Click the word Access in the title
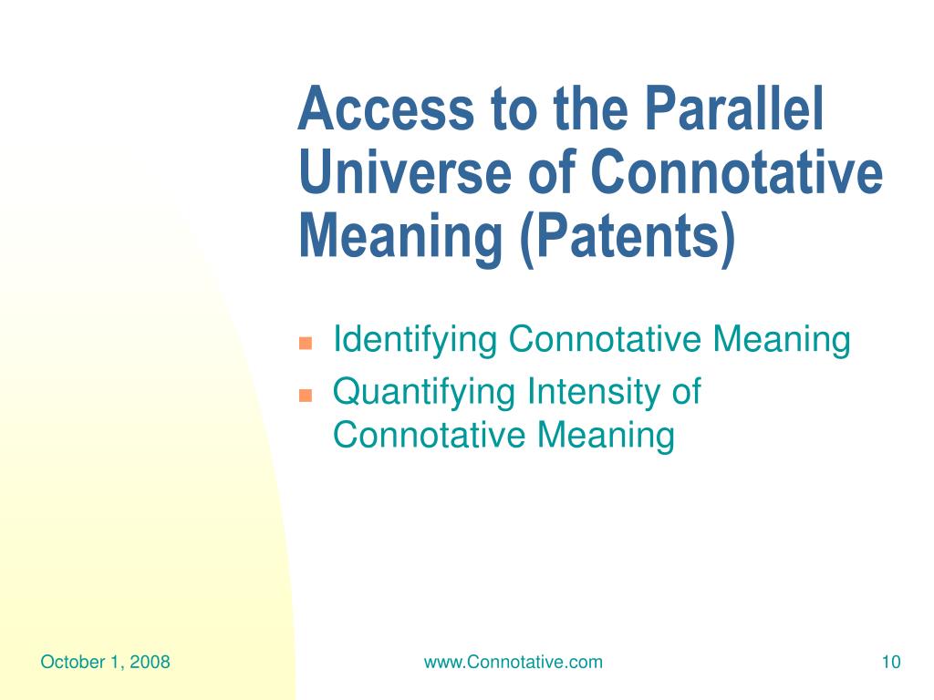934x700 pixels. point(386,108)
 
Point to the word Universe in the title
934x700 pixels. point(405,172)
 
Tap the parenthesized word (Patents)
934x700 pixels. point(628,237)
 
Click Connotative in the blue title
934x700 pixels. point(737,172)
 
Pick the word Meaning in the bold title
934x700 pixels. point(401,238)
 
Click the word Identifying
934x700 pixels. point(415,341)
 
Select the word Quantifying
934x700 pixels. point(424,393)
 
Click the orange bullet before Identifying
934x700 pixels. point(306,344)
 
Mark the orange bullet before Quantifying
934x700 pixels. point(306,396)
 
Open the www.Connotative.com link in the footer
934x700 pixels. point(513,662)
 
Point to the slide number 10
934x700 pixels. point(891,662)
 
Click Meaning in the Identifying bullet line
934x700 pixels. point(782,341)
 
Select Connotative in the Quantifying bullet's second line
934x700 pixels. point(429,435)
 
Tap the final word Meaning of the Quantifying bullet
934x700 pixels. point(606,436)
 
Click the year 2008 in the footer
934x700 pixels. point(150,662)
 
